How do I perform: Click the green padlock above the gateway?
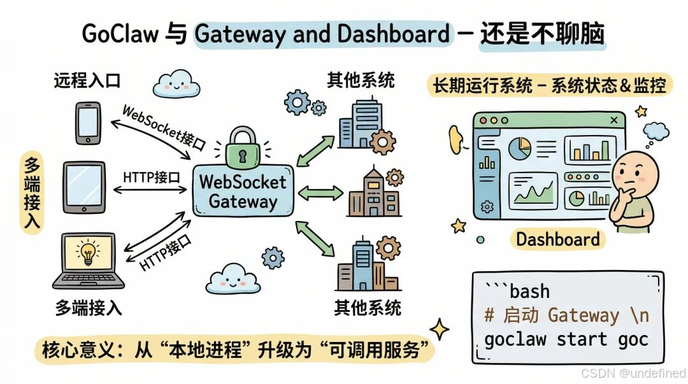coord(243,146)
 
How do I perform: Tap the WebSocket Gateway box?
coord(243,190)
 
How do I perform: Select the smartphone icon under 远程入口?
coord(89,123)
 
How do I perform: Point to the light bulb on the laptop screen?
coord(88,252)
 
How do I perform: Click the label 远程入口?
coord(87,81)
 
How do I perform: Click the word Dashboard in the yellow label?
coord(557,239)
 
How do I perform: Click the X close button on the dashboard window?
coord(613,120)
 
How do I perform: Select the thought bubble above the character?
coord(656,131)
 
